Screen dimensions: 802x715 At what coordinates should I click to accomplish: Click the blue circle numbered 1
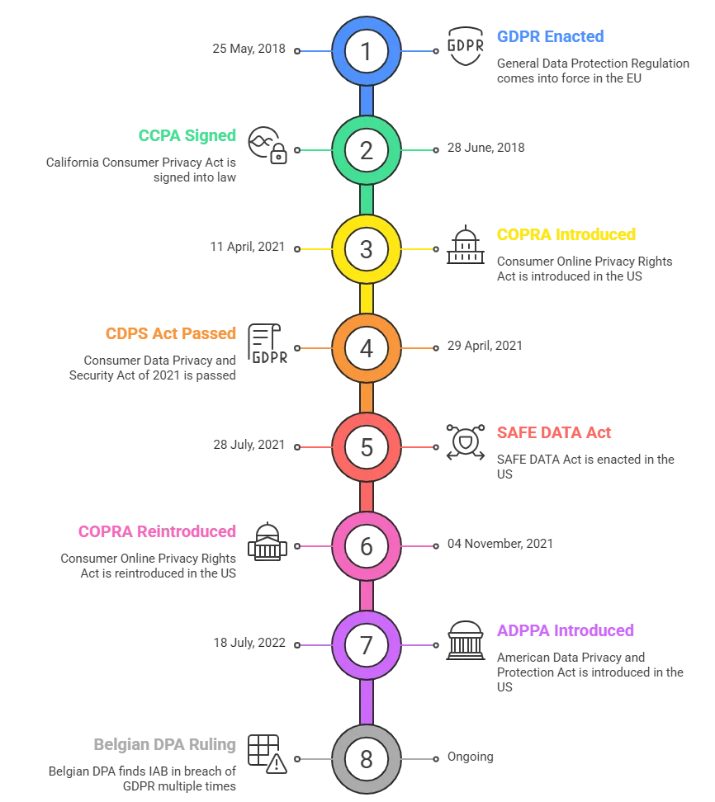point(366,51)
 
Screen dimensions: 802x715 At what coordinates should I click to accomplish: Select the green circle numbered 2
point(366,149)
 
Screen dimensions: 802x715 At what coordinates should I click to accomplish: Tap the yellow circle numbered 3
point(366,248)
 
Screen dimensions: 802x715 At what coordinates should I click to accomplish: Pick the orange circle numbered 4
point(366,347)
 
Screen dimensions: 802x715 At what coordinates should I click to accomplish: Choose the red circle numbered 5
point(366,446)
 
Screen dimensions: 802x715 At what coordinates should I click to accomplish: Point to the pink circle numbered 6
point(366,545)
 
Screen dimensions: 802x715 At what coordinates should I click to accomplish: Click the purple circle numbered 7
point(366,644)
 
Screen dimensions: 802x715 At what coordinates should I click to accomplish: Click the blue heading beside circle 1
point(550,37)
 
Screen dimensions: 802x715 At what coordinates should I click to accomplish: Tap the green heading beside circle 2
point(188,136)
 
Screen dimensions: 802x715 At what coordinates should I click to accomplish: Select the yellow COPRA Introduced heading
point(567,235)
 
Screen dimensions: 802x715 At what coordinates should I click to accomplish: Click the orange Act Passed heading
point(172,334)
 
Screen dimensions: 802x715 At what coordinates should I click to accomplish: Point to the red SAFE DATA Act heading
point(554,433)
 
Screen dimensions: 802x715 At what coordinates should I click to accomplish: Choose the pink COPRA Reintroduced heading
point(158,532)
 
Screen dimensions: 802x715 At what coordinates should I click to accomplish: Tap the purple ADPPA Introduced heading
point(565,631)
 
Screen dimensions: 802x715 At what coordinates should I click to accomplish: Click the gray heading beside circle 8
point(165,745)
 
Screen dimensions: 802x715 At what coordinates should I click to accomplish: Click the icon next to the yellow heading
point(464,246)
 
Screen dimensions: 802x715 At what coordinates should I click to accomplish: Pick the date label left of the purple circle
point(251,641)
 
